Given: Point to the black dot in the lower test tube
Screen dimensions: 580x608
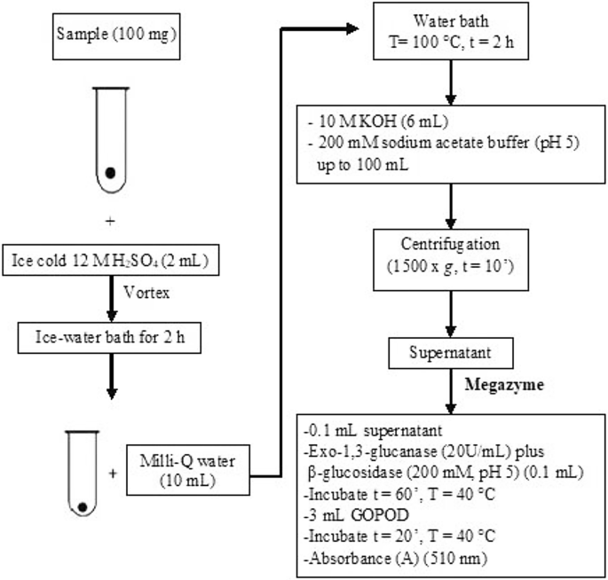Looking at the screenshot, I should coord(83,506).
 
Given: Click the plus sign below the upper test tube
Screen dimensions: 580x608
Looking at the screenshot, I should coord(112,216).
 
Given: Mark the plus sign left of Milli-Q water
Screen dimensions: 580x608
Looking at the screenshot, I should coord(114,474).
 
